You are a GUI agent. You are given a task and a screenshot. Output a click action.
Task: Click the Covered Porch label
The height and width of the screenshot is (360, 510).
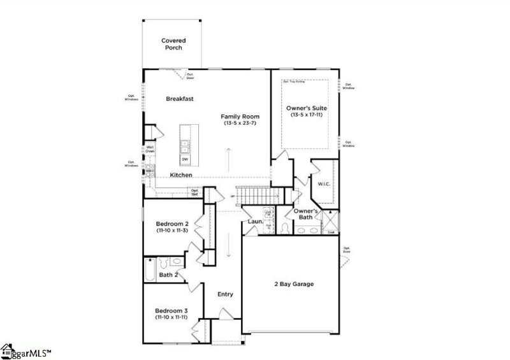click(173, 44)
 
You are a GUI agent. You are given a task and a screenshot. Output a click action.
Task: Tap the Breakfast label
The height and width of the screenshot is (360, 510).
click(180, 99)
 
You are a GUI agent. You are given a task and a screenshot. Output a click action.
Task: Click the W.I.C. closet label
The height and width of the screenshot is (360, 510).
click(323, 185)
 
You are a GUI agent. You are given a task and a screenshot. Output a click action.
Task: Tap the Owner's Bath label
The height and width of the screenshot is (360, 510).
click(306, 214)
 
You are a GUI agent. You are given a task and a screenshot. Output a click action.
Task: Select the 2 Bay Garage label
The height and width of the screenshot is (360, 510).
click(294, 284)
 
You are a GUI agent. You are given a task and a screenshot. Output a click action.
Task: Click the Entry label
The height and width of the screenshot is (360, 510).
click(225, 294)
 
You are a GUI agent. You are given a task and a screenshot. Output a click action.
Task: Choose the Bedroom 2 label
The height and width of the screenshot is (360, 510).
click(172, 224)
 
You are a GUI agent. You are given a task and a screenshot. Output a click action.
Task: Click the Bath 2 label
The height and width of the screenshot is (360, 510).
click(168, 275)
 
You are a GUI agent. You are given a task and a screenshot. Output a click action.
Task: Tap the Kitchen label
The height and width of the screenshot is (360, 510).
click(181, 175)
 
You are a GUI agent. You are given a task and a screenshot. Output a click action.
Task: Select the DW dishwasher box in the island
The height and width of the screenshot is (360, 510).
click(185, 159)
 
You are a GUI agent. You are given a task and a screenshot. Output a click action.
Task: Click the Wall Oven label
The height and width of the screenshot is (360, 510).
click(150, 149)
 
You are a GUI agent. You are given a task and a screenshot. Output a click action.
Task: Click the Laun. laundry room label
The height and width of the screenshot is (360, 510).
click(255, 222)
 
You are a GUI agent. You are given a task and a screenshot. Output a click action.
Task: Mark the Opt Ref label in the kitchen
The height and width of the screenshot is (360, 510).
click(194, 191)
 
